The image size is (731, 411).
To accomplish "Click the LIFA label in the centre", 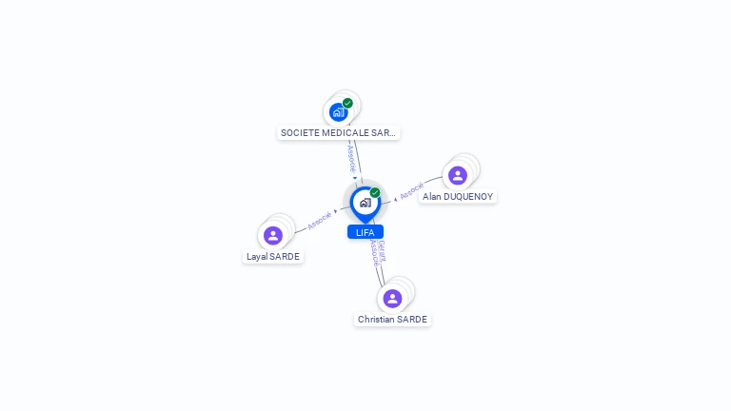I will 365,232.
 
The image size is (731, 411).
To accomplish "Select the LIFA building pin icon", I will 365,202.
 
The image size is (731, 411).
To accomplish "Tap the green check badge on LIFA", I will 375,192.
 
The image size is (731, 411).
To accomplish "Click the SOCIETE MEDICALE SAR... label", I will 338,133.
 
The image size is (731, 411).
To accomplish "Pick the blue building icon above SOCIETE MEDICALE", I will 338,112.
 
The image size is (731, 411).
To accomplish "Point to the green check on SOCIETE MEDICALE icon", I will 347,103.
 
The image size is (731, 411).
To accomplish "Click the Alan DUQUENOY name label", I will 458,196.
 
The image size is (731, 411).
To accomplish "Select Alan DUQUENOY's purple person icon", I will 458,175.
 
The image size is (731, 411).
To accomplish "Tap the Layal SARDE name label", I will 273,256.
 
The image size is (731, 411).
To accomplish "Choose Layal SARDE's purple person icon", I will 273,235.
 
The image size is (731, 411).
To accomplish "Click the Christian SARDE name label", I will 392,320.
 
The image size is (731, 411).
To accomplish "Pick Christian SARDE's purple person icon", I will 392,299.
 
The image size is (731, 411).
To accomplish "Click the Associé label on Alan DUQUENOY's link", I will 411,190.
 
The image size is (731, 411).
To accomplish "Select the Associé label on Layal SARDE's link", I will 320,221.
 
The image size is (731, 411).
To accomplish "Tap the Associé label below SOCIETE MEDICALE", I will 351,157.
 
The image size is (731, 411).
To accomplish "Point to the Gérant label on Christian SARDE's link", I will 382,250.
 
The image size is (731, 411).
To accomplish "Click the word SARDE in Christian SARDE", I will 411,320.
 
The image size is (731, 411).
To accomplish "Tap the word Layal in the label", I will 258,256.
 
